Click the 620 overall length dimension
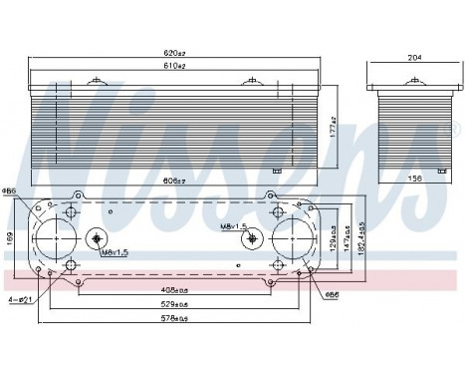point(175,51)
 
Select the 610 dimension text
point(175,66)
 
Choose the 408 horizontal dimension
point(175,288)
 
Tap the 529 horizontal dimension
point(175,303)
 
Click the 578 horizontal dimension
point(175,318)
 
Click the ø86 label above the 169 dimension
point(9,190)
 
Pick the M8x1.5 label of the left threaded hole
point(115,252)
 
